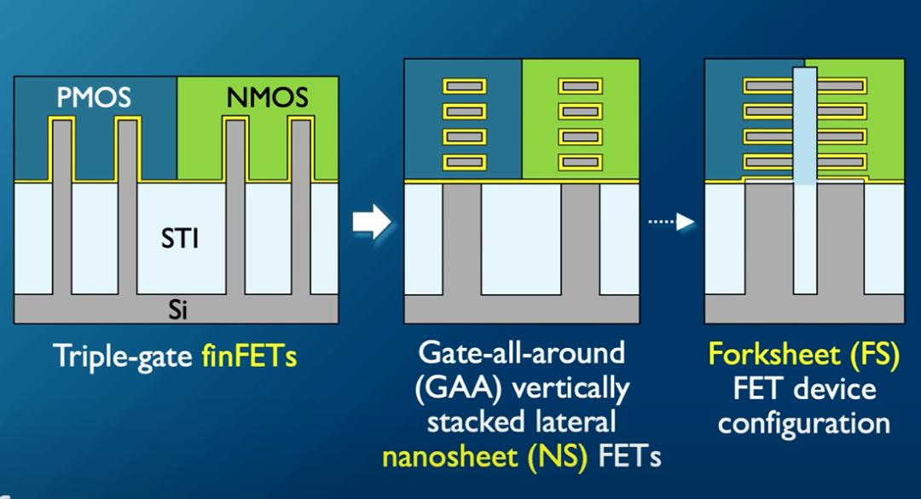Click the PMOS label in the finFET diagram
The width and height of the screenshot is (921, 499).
tap(94, 98)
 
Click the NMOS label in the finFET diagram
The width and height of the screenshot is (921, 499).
tap(267, 98)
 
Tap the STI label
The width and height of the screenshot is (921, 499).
tap(180, 238)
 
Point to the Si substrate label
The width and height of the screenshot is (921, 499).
tap(177, 310)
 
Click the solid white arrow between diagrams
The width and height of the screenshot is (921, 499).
tap(371, 222)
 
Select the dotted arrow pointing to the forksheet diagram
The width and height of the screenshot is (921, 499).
tap(671, 223)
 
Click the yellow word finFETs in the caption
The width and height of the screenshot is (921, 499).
tap(249, 356)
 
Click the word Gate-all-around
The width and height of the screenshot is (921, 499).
tap(522, 352)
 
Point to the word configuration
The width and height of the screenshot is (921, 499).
tap(804, 422)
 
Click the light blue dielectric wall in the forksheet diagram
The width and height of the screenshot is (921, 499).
tap(804, 128)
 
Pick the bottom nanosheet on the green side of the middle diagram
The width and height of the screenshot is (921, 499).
tap(581, 160)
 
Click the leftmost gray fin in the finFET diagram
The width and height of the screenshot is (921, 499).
tap(61, 205)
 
